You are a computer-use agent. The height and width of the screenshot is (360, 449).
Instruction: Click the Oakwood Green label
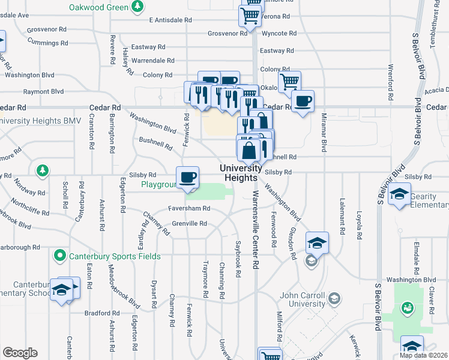[x=98, y=7]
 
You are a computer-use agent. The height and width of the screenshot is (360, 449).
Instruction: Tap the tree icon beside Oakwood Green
[x=138, y=7]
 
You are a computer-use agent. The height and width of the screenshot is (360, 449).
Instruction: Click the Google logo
[x=20, y=353]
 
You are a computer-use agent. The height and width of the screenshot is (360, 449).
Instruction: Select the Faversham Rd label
[x=189, y=208]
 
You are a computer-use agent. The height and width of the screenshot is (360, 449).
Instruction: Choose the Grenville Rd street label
[x=190, y=224]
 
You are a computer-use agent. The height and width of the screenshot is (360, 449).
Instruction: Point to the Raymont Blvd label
[x=43, y=92]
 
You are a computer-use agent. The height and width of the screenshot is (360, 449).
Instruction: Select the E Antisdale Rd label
[x=170, y=20]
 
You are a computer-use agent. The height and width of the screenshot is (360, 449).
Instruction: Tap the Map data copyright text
[x=424, y=355]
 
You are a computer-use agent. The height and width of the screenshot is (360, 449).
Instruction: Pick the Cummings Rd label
[x=47, y=43]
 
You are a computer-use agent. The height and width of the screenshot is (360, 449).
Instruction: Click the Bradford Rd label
[x=102, y=313]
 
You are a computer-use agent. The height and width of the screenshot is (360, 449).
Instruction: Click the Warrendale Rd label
[x=152, y=61]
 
